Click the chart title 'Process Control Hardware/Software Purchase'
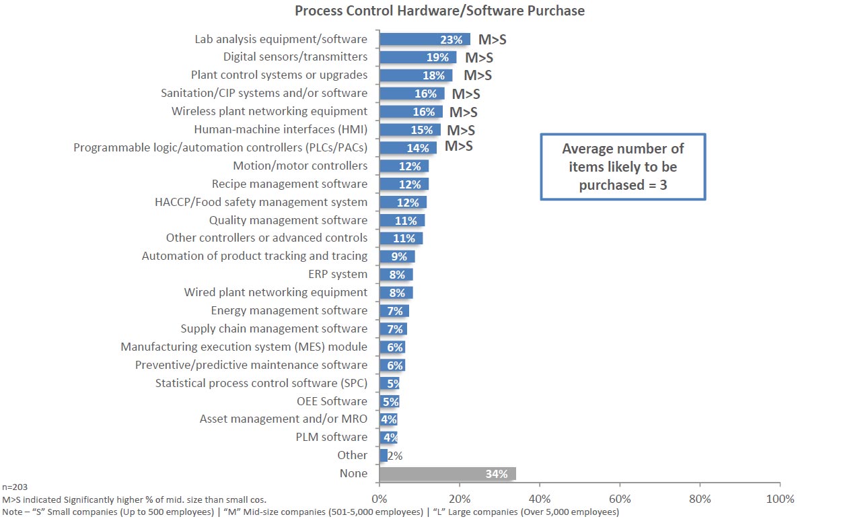coord(440,11)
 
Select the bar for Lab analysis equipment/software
coord(425,39)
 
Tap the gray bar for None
coord(447,474)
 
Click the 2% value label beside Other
coord(395,456)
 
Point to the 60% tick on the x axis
coord(620,499)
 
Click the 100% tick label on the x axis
coord(779,499)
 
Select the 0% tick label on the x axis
coord(380,499)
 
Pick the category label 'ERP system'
coord(337,275)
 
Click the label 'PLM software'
coord(332,438)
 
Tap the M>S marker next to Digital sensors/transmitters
coord(478,57)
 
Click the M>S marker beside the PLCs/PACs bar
coord(458,146)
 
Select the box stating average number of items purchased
coord(622,166)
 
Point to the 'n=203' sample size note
coord(15,487)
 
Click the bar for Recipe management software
coord(404,184)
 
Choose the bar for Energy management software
coord(394,311)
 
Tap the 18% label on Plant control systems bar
coord(433,75)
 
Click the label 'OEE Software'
coord(332,401)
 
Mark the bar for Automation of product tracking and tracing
coord(397,256)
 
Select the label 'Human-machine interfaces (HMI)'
coord(281,129)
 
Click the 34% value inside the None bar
coord(496,474)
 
